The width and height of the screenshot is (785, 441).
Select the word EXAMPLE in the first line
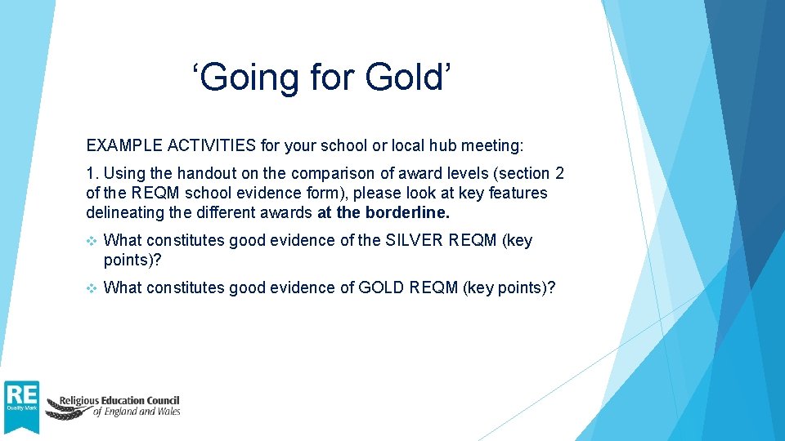(123, 146)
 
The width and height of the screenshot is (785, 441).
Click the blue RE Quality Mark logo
(21, 406)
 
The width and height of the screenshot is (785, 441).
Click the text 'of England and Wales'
(136, 412)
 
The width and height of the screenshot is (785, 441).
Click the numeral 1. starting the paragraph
(92, 174)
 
